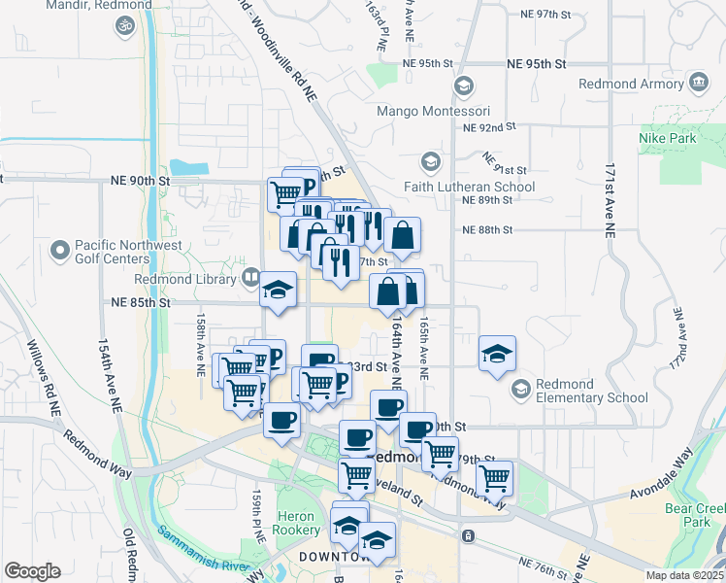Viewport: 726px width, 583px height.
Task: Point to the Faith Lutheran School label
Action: pos(483,187)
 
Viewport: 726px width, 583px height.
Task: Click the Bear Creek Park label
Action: pos(695,515)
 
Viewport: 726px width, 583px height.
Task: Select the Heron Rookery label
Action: pos(296,523)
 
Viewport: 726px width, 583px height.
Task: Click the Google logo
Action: pos(32,571)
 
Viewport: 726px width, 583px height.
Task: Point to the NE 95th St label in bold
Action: pos(537,64)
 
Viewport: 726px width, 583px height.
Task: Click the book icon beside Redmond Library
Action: pos(251,279)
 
